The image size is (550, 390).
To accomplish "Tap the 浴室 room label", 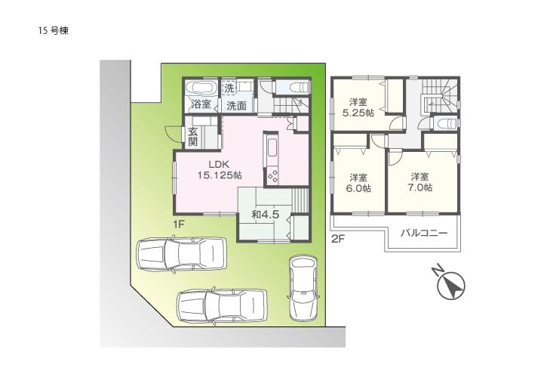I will (201, 105).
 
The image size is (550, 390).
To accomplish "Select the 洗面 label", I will (236, 106).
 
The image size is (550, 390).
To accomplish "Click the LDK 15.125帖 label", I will (220, 169).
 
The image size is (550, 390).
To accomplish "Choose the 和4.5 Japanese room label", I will (266, 214).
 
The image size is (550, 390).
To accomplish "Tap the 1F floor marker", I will (177, 224).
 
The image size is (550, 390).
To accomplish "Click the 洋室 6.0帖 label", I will (358, 182).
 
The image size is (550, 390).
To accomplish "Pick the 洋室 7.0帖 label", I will (421, 182).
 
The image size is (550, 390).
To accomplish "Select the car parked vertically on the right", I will (304, 287).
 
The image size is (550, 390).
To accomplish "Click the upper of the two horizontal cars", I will (182, 253).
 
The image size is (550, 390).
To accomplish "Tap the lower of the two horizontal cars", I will (223, 305).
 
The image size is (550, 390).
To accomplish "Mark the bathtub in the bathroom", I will (200, 87).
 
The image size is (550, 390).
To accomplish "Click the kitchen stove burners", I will (273, 175).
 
